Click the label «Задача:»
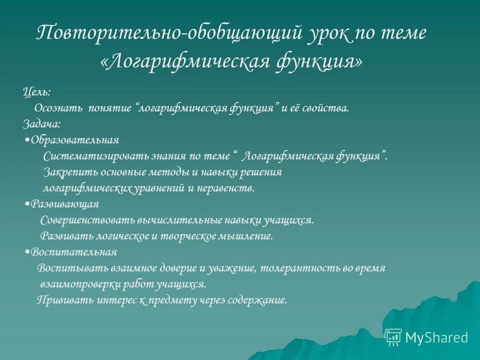[x=42, y=124]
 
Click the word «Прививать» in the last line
[x=57, y=300]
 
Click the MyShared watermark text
[x=436, y=337]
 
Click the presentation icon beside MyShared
[x=393, y=337]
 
